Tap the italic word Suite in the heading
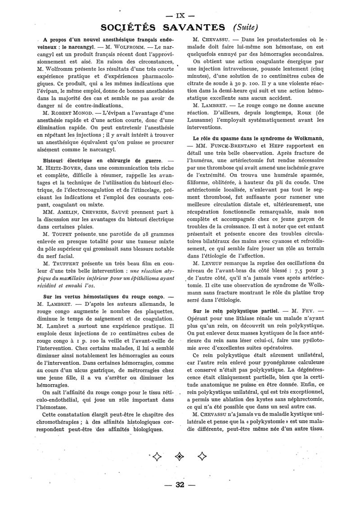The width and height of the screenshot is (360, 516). [x=244, y=27]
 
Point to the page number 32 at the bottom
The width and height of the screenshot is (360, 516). [x=180, y=484]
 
